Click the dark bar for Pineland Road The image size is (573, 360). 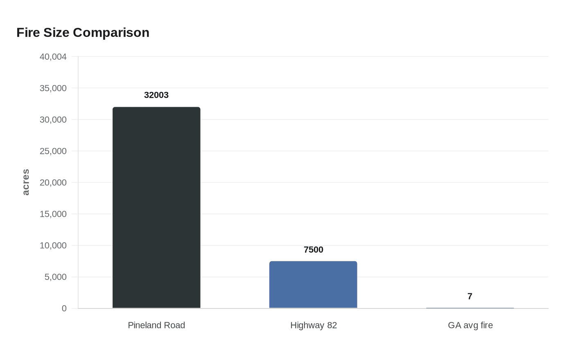(156, 207)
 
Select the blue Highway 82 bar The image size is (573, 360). (313, 285)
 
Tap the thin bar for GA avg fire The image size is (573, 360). (470, 308)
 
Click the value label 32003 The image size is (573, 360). (156, 95)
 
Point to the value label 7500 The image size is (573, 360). (314, 250)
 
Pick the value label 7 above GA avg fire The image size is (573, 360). (470, 296)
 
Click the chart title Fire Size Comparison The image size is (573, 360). (83, 32)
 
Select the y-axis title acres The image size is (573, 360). (25, 182)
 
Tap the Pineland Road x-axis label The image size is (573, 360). (156, 325)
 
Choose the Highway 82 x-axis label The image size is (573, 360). (314, 325)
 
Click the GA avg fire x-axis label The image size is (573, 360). (470, 325)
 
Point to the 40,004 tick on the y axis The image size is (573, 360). (53, 56)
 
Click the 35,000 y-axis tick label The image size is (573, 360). (53, 88)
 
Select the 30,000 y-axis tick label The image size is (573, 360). (53, 119)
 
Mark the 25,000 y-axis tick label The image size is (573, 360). (53, 151)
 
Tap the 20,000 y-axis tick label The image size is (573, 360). (53, 182)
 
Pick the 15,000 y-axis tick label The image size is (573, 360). (53, 214)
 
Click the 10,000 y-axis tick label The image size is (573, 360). (53, 245)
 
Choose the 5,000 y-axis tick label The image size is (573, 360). (55, 277)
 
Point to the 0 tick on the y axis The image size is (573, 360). (64, 308)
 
